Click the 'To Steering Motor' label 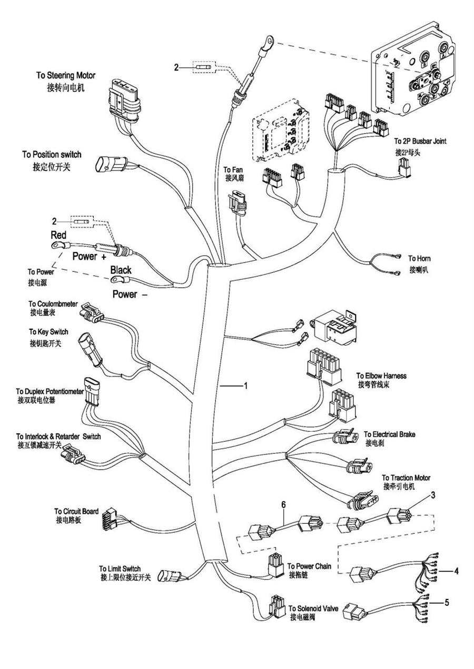tap(66, 76)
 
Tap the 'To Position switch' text tap(52, 155)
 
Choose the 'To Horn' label tap(419, 259)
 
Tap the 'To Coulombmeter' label tap(53, 304)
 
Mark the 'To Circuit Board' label tap(76, 511)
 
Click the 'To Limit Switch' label tap(120, 569)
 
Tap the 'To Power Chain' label tap(310, 566)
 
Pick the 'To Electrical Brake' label tap(389, 434)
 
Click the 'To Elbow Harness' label tap(381, 376)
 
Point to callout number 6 tap(283, 504)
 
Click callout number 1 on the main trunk tap(245, 386)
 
